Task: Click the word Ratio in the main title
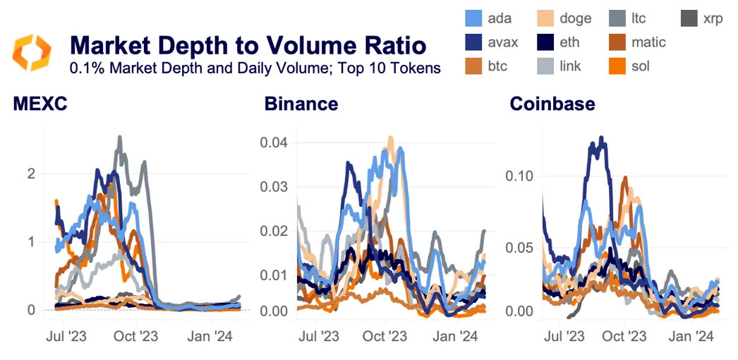(x=391, y=46)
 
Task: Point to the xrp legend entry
(x=702, y=18)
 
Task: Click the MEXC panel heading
(x=40, y=104)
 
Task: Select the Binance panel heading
(x=301, y=104)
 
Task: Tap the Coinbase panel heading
(x=552, y=104)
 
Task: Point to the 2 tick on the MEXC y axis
(x=31, y=174)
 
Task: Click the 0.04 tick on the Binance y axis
(x=275, y=143)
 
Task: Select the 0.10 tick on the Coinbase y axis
(x=520, y=175)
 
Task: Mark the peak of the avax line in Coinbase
(x=602, y=138)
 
